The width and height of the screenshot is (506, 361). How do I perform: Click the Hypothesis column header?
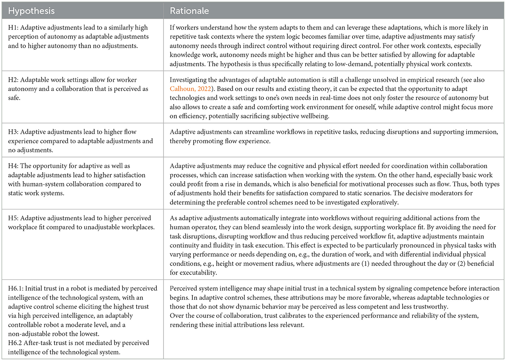point(31,11)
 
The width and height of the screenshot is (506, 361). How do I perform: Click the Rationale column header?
point(189,11)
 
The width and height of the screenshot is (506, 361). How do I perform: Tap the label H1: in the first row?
point(13,28)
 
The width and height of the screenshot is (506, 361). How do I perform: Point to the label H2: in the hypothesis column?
point(13,80)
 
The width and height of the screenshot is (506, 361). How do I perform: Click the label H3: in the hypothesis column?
point(13,132)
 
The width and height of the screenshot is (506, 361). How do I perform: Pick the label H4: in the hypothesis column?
point(13,166)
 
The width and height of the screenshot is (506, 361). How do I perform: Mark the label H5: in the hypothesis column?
point(13,218)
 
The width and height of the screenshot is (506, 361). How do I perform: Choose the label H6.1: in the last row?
point(15,288)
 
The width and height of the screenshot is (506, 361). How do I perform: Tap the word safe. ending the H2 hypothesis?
point(14,98)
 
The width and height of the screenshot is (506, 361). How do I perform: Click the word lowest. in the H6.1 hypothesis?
point(89,334)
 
